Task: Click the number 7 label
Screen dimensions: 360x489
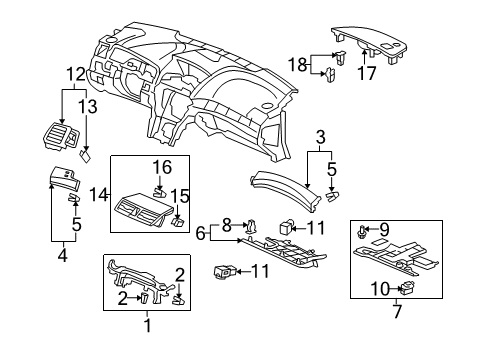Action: (x=396, y=312)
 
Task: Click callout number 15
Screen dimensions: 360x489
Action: (x=182, y=194)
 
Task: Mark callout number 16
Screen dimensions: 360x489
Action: (x=158, y=166)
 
